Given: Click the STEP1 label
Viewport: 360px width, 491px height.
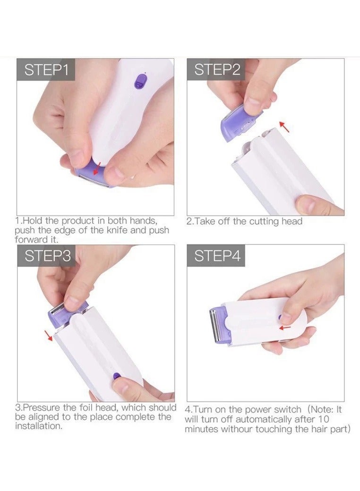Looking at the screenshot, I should tap(46, 70).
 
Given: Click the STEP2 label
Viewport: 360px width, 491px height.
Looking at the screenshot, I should tap(217, 70).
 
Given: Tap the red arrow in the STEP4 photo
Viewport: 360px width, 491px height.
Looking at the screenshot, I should tap(284, 327).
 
